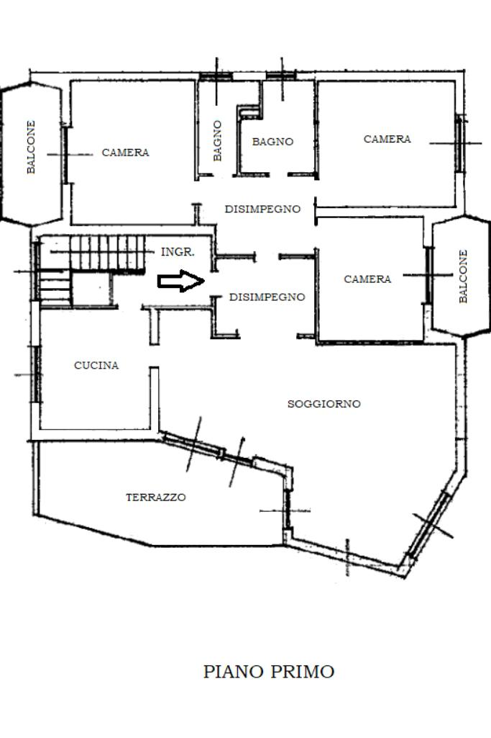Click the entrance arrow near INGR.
coord(181,281)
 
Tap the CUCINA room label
coord(96,365)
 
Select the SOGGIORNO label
coord(323,404)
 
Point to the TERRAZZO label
coord(155,497)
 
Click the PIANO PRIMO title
coord(269,672)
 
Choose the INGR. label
coord(178,252)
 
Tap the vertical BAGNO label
coord(217,140)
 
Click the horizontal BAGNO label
coord(272,141)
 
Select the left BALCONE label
coord(31,148)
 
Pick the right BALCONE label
coord(463,276)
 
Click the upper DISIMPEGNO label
coord(262,209)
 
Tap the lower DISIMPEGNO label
coord(267,297)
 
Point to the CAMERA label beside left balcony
coord(126,153)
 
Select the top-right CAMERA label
coord(387,139)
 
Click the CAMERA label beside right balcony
coord(367,279)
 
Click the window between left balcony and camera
coord(65,155)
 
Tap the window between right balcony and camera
coord(428,275)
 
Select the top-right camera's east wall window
coord(459,143)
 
